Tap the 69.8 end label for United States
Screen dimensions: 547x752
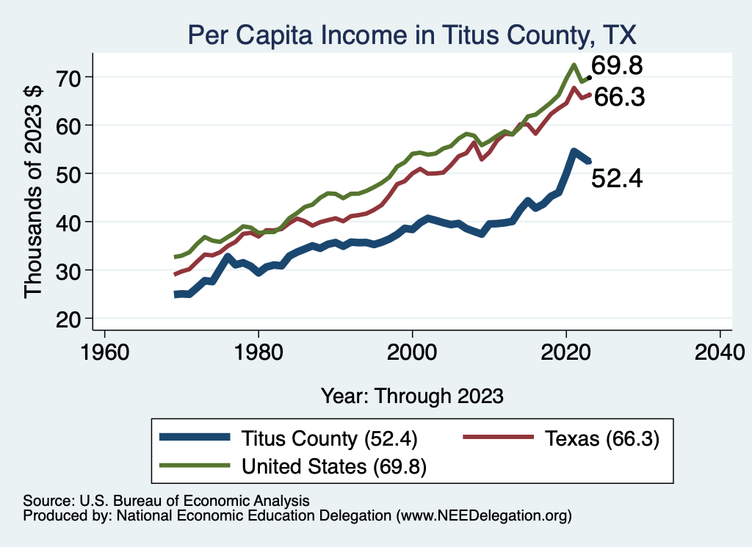click(x=618, y=66)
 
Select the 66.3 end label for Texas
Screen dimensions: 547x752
click(x=619, y=97)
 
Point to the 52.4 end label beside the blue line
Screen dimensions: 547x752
click(x=617, y=178)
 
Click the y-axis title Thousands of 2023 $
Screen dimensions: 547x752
click(x=34, y=198)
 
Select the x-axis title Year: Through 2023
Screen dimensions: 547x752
click(x=412, y=396)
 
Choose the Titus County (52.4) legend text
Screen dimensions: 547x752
click(x=329, y=439)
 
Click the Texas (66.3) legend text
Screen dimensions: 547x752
click(x=601, y=439)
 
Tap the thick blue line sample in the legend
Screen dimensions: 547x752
click(x=194, y=438)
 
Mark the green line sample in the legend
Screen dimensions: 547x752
click(x=194, y=465)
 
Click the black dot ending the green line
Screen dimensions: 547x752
click(x=589, y=77)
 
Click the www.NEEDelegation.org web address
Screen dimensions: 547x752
click(x=484, y=516)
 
